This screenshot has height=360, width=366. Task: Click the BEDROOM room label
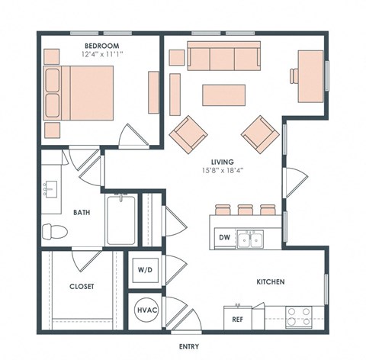101,46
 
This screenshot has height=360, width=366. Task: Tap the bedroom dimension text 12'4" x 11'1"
101,55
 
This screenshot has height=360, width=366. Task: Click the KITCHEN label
270,282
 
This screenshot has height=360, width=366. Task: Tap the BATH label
82,213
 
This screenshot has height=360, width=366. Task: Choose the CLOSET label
81,286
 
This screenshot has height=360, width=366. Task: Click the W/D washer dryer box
145,270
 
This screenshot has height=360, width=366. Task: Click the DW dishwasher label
223,237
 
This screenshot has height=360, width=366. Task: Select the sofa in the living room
224,57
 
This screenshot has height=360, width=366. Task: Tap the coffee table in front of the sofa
224,95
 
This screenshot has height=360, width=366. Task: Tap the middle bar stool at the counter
245,210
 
